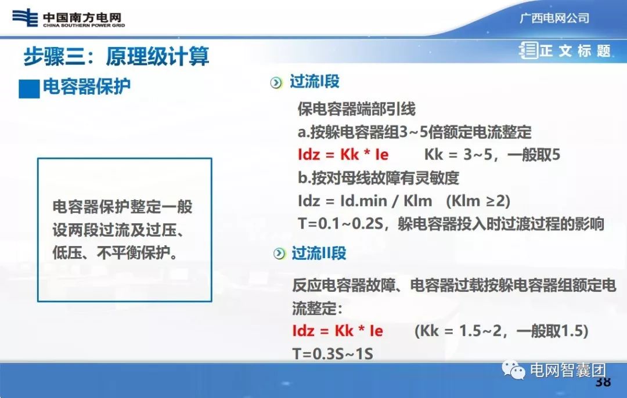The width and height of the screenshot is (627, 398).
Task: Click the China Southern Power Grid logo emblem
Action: tap(24, 17)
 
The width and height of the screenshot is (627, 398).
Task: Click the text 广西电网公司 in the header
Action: tap(554, 18)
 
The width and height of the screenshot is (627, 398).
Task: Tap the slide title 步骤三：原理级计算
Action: tap(116, 56)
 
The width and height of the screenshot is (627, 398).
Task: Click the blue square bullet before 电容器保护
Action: tap(28, 89)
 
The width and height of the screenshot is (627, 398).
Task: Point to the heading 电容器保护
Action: tap(87, 87)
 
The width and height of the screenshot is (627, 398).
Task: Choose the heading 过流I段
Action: tap(314, 82)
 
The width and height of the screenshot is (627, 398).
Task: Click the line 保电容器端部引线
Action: tap(356, 108)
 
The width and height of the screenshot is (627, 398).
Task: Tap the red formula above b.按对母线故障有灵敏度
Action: tap(343, 155)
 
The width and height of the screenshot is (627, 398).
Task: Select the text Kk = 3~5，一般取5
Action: tap(492, 155)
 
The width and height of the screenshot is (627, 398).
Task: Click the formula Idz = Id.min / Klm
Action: tap(365, 201)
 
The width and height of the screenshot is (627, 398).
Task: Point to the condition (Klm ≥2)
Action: tap(478, 201)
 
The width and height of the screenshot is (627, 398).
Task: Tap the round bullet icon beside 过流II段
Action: tap(280, 254)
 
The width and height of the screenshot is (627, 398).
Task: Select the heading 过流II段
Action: tap(319, 253)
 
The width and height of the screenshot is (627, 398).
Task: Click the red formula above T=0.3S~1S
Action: tap(337, 331)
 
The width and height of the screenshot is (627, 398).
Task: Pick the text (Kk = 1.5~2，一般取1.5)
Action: tap(502, 331)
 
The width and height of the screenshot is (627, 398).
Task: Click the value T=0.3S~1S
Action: tap(333, 353)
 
